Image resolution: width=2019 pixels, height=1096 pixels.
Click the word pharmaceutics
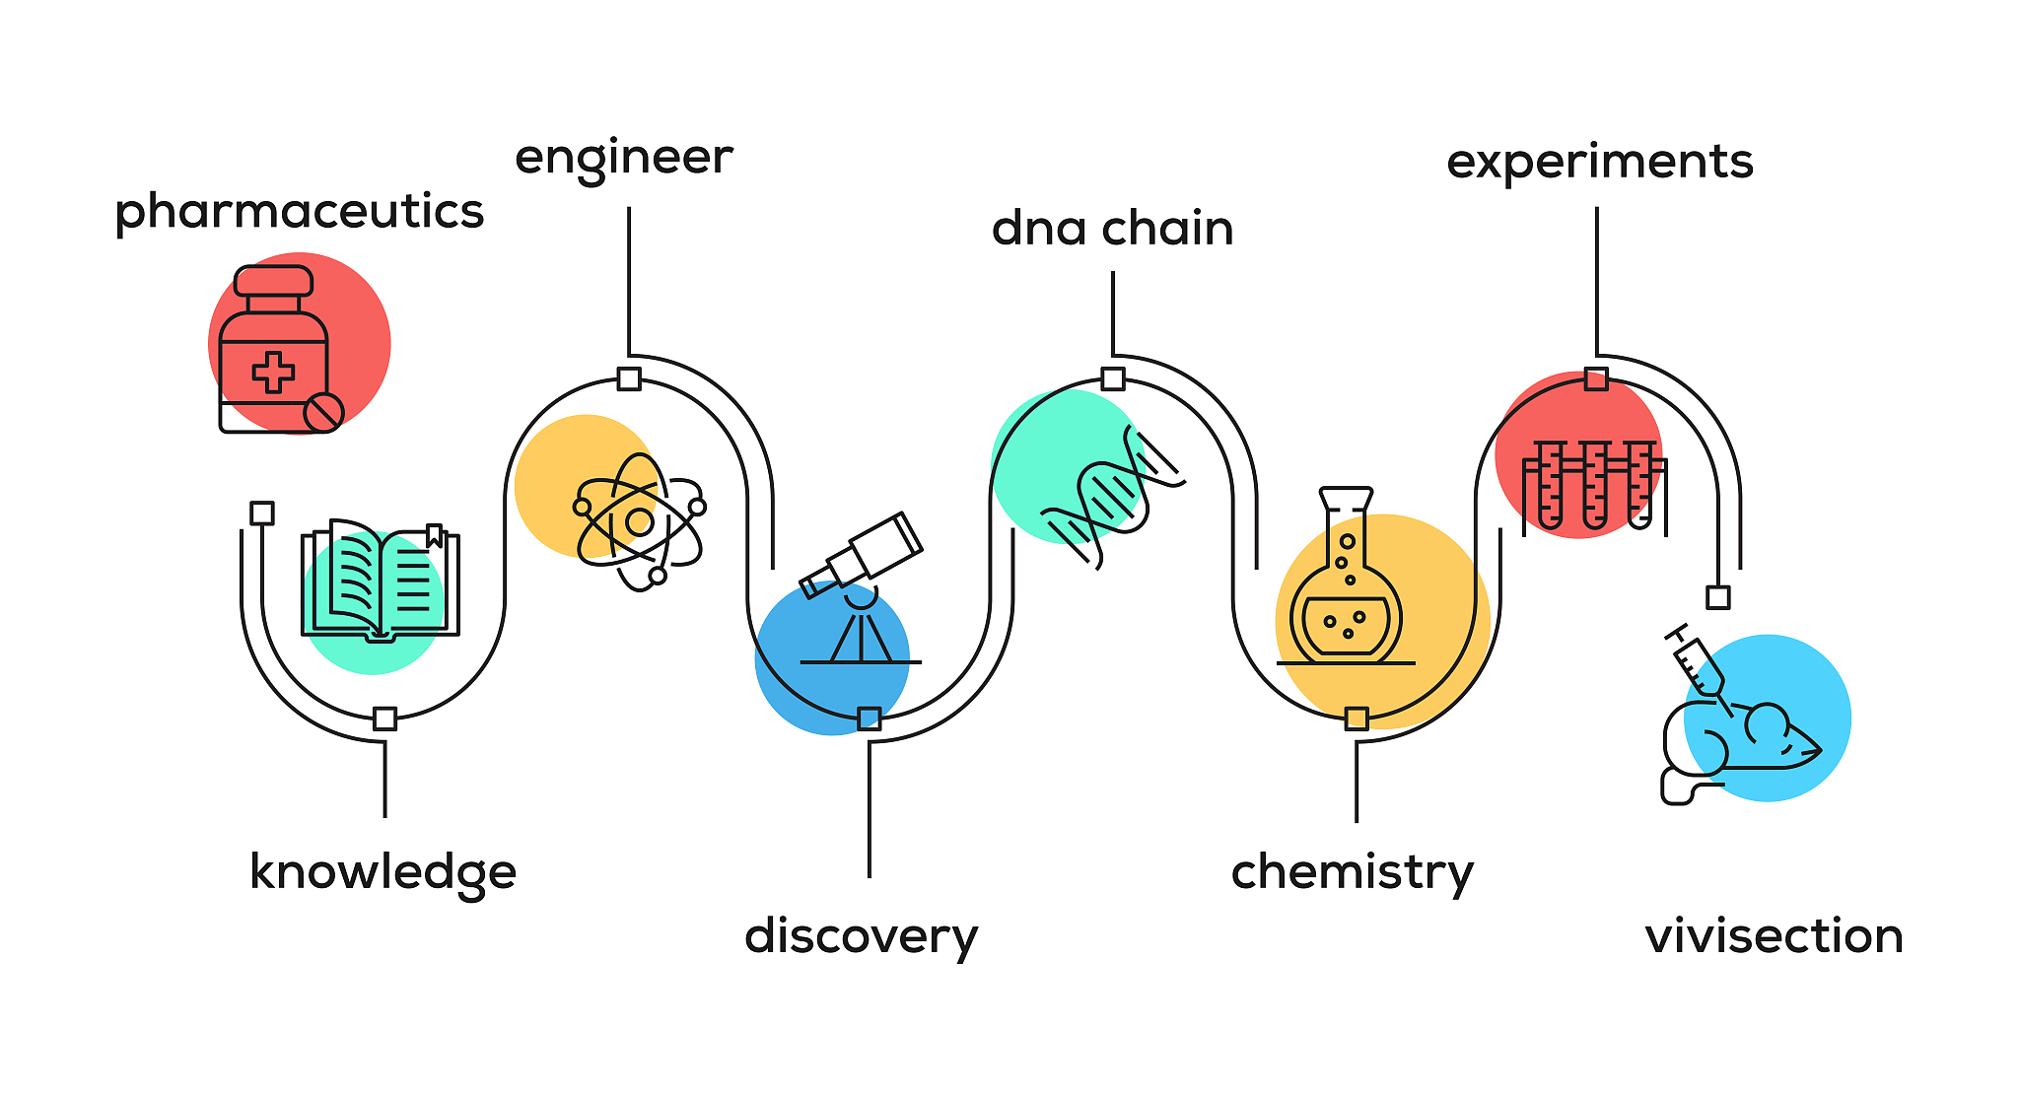point(300,212)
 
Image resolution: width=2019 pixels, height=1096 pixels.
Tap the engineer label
point(624,158)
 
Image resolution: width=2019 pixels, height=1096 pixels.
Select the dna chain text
point(1113,228)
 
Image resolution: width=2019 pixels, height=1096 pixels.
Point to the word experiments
point(1600,162)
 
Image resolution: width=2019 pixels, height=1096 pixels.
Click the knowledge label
point(383,872)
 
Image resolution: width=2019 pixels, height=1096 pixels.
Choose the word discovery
point(862,935)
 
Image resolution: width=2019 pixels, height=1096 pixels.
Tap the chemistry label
point(1353,872)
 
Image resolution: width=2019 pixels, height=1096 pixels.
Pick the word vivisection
point(1775,935)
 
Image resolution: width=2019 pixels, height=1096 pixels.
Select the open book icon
point(381,581)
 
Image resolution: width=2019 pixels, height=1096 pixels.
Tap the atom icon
point(640,521)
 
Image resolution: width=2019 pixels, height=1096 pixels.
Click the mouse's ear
point(1767,724)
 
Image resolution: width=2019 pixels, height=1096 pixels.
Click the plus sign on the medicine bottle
point(273,373)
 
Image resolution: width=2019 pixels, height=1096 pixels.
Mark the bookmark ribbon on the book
point(434,536)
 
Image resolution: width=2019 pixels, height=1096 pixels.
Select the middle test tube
point(1594,484)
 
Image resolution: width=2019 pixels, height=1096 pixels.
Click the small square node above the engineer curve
point(629,378)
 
